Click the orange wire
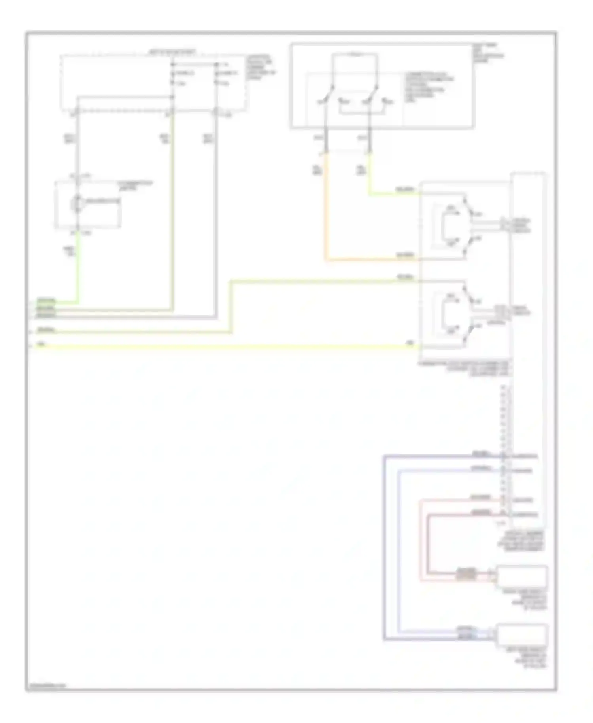[x=326, y=214]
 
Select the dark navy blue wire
[x=384, y=546]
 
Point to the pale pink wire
[x=421, y=542]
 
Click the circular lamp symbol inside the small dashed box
[x=76, y=203]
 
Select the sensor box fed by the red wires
[x=522, y=577]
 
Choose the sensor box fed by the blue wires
[x=522, y=634]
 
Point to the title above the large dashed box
[x=172, y=52]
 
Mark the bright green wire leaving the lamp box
[x=77, y=269]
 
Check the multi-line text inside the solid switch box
[x=429, y=87]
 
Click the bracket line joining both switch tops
[x=355, y=55]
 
